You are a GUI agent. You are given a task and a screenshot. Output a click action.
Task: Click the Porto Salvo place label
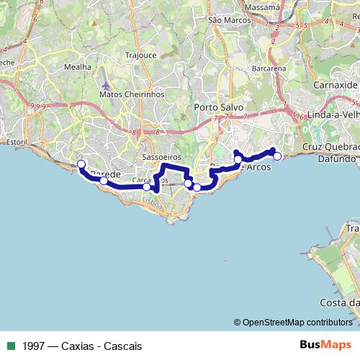coord(219,107)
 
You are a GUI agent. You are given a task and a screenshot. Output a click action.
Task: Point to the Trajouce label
coord(140,55)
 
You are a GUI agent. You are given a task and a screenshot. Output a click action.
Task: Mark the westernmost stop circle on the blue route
coord(81,163)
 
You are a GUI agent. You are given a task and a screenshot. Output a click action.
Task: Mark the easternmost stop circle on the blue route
coord(277,156)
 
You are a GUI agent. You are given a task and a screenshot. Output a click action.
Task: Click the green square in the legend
coord(9,346)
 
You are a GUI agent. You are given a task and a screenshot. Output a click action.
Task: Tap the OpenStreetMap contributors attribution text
coord(297,323)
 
